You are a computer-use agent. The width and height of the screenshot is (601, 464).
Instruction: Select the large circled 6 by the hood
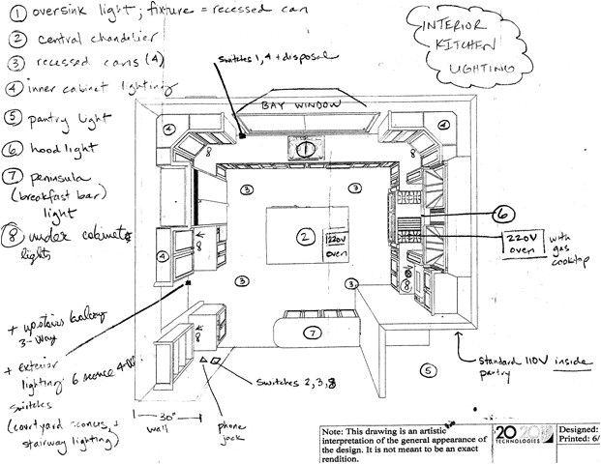point(501,215)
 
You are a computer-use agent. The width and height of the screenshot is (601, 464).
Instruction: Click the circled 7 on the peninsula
point(312,333)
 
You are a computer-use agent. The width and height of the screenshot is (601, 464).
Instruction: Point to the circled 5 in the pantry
point(427,369)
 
